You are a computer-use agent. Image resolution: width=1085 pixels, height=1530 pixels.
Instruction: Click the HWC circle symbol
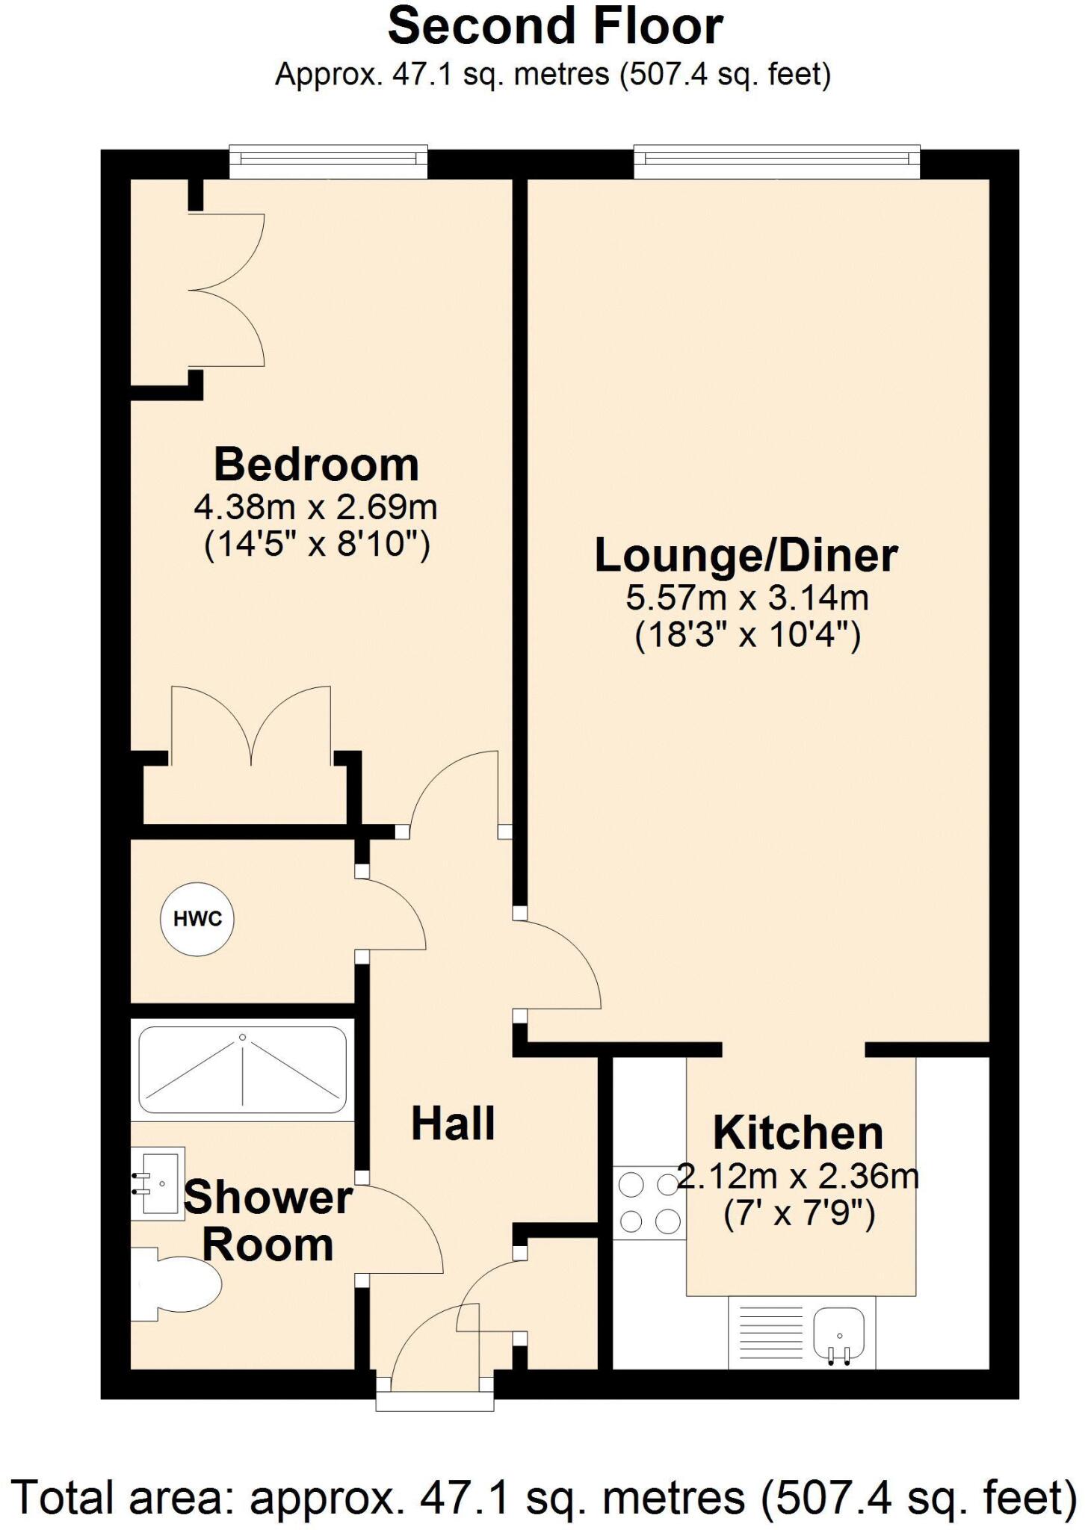(197, 919)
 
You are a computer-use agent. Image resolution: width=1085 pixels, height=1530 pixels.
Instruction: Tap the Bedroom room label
(316, 465)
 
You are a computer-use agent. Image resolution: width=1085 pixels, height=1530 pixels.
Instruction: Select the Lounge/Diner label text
(746, 556)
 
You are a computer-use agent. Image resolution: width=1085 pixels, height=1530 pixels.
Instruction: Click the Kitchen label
(798, 1133)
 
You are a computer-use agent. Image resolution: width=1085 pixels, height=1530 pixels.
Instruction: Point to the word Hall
(453, 1124)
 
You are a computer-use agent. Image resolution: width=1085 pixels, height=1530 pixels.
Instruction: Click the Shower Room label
(268, 1221)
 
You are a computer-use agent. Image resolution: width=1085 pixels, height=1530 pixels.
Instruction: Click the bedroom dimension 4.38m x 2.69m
(315, 508)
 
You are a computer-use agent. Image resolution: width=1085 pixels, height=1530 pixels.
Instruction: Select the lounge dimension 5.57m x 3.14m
(746, 598)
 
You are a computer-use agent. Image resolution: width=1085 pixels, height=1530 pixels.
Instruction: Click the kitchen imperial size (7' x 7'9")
(799, 1215)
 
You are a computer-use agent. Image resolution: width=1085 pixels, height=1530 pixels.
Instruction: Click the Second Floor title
(555, 27)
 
